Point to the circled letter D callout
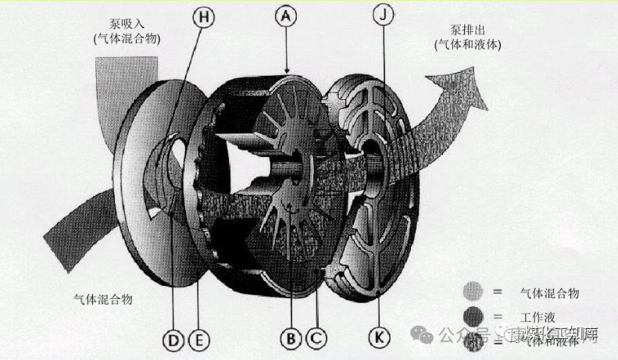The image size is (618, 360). (x=173, y=339)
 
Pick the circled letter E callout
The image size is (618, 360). (x=199, y=339)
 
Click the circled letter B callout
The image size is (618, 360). (x=291, y=339)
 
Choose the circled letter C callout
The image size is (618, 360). (x=316, y=339)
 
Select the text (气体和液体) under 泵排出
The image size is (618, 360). (x=468, y=45)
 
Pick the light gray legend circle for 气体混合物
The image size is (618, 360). (x=473, y=291)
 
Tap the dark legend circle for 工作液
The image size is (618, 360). (x=473, y=316)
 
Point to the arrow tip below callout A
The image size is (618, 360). (x=288, y=72)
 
